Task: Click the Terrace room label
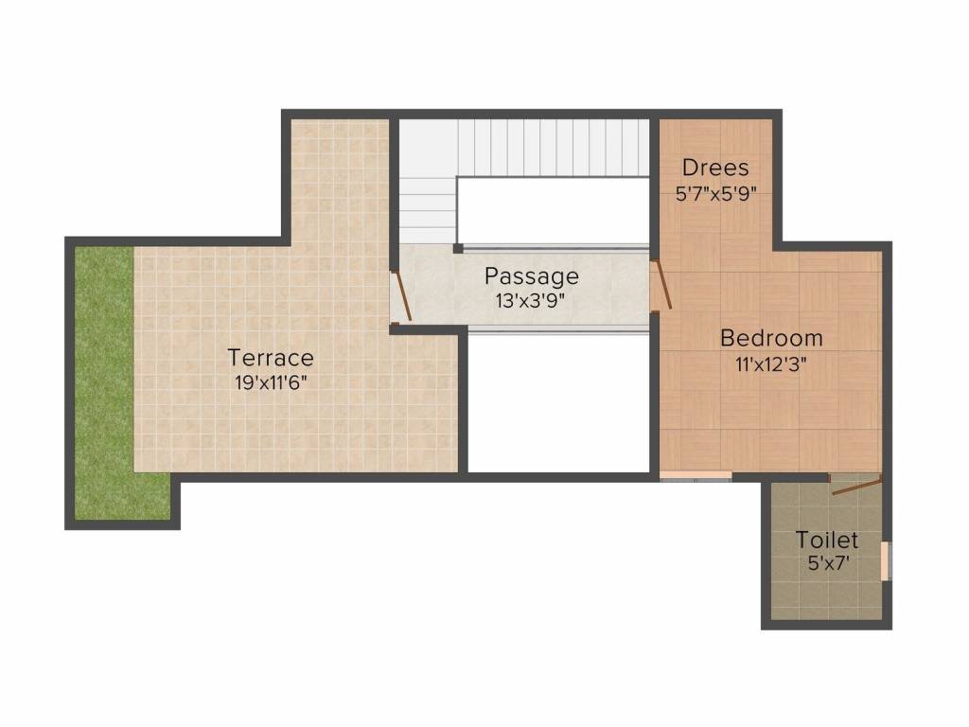click(271, 357)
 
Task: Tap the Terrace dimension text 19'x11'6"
click(271, 383)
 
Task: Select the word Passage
click(532, 276)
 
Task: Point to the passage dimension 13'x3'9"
click(530, 301)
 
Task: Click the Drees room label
click(715, 168)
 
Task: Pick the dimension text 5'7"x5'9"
click(715, 194)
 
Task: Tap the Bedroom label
click(771, 338)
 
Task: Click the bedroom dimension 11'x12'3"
click(771, 364)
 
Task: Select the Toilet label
click(827, 540)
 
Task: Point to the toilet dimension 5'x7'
click(828, 564)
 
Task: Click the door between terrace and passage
click(401, 295)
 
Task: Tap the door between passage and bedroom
click(662, 284)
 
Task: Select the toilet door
click(855, 485)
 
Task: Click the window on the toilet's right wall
click(887, 561)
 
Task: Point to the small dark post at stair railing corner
click(458, 249)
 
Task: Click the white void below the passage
click(559, 402)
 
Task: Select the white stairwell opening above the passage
click(553, 210)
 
